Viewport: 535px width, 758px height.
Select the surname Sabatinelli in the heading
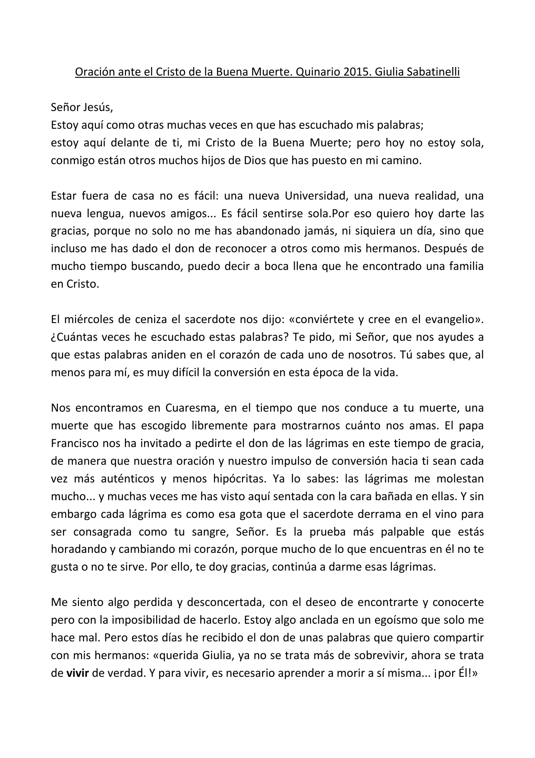coord(429,72)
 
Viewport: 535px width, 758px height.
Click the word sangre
coord(204,532)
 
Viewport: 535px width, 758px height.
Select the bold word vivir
coord(77,673)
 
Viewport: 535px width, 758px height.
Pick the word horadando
coord(78,549)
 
